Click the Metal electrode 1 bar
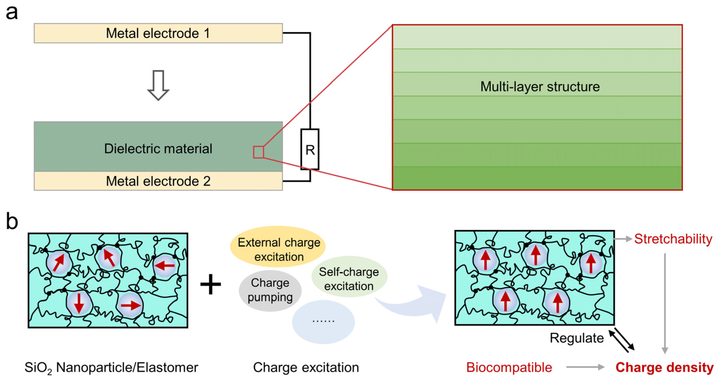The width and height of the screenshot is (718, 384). pyautogui.click(x=158, y=33)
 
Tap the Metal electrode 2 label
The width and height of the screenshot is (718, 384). pyautogui.click(x=158, y=181)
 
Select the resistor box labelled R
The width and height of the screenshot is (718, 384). pyautogui.click(x=310, y=149)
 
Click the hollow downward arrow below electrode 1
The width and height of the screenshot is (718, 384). pyautogui.click(x=158, y=85)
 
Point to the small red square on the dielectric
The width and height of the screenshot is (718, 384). pyautogui.click(x=258, y=152)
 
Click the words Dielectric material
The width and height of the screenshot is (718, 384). pyautogui.click(x=158, y=148)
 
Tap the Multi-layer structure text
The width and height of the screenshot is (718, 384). pyautogui.click(x=540, y=87)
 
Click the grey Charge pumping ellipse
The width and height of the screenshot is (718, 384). pyautogui.click(x=270, y=290)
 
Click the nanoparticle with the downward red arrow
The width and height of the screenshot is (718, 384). pyautogui.click(x=79, y=303)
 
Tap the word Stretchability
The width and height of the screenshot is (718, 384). pyautogui.click(x=673, y=239)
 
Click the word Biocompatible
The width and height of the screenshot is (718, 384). pyautogui.click(x=509, y=367)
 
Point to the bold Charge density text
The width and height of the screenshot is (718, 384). pyautogui.click(x=664, y=367)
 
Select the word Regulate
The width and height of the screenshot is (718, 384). pyautogui.click(x=576, y=338)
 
